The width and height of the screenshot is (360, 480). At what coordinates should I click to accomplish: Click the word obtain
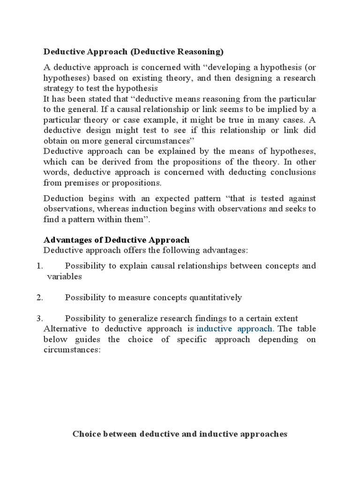point(55,141)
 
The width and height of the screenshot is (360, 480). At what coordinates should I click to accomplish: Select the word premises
point(78,182)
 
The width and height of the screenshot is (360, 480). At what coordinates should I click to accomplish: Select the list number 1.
point(39,266)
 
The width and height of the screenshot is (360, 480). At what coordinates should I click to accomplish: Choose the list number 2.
point(39,297)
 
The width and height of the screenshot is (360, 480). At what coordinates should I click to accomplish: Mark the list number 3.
point(39,318)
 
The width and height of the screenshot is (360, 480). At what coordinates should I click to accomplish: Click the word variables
point(65,276)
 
